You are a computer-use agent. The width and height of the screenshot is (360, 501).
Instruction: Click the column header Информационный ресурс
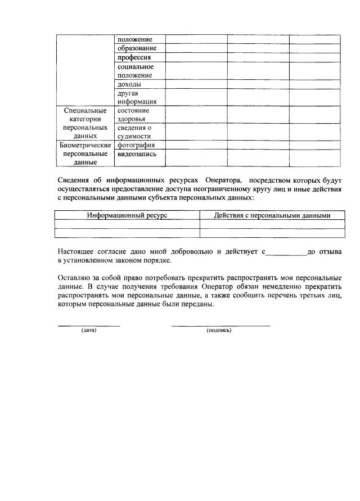click(x=127, y=215)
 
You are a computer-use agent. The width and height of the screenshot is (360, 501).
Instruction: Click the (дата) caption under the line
click(x=89, y=330)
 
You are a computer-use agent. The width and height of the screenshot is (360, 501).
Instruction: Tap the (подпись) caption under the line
click(x=219, y=330)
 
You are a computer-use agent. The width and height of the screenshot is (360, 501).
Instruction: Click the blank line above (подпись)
click(x=220, y=325)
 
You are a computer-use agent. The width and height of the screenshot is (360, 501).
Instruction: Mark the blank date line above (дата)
click(x=89, y=325)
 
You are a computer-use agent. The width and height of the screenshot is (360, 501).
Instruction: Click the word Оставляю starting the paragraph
click(x=75, y=278)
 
